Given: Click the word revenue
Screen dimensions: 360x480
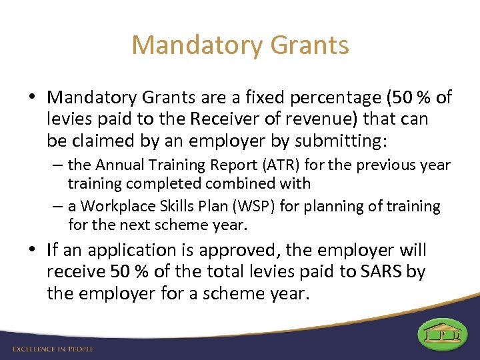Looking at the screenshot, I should pyautogui.click(x=296, y=120).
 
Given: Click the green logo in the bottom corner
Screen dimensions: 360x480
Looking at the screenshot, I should pyautogui.click(x=443, y=334).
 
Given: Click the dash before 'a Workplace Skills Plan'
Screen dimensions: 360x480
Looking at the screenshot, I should pyautogui.click(x=59, y=207).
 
